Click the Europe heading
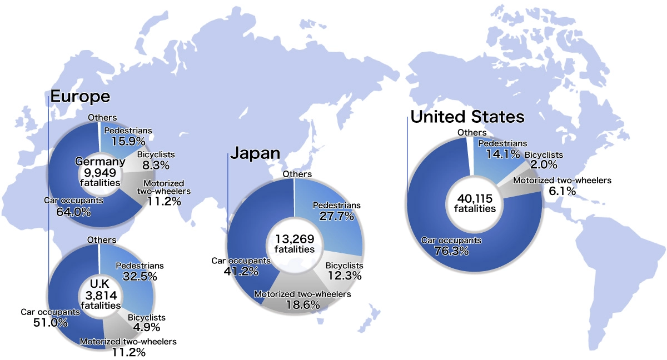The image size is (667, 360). coord(80,97)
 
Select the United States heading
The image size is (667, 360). coord(467,117)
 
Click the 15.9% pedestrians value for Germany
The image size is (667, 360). coord(128,141)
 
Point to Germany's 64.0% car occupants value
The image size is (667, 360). coord(74,211)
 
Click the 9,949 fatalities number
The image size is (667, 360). coord(101,173)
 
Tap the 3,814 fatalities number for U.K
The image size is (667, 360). coord(101,295)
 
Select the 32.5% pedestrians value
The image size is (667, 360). coord(140,276)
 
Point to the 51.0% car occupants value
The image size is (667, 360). coord(51,322)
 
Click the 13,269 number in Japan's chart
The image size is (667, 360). coord(295,239)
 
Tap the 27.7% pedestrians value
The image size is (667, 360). coord(337,216)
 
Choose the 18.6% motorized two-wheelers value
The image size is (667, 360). coord(302,304)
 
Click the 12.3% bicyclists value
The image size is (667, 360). coord(344,276)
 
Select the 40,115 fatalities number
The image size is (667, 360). coord(475,198)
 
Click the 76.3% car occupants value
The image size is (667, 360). coord(451,251)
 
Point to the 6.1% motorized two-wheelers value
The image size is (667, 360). coord(562,191)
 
